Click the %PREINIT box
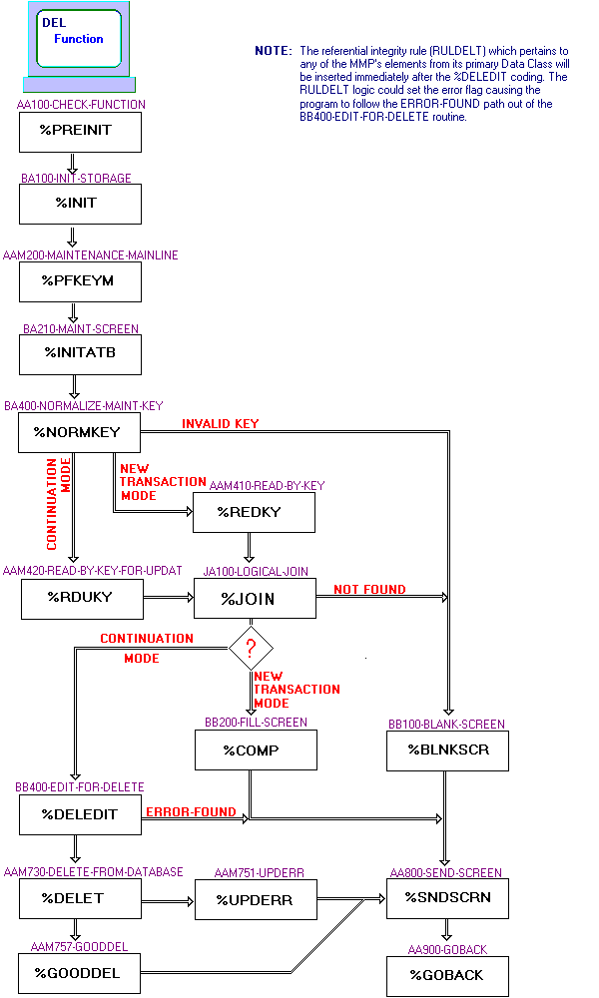pos(80,132)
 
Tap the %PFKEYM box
pos(80,281)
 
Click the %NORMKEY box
pos(80,432)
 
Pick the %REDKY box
pos(254,512)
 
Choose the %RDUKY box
pos(80,599)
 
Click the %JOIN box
pos(254,599)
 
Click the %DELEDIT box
pos(80,814)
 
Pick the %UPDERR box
pos(254,898)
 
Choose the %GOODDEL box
pos(80,973)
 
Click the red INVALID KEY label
pos(220,424)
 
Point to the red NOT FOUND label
pos(369,590)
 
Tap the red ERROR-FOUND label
pos(191,812)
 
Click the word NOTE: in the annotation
pos(274,50)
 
